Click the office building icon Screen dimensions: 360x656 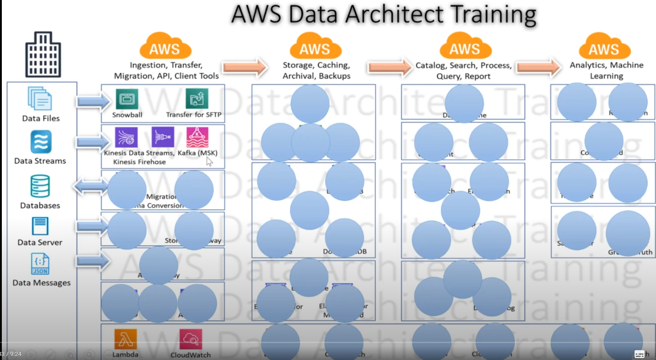[43, 54]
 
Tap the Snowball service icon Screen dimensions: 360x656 [127, 99]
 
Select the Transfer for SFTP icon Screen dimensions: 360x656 [197, 99]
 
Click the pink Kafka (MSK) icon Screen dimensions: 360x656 [197, 137]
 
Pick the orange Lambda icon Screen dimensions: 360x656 [126, 339]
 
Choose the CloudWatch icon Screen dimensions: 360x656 [190, 339]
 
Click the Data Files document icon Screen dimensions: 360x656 [40, 99]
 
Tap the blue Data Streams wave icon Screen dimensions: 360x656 [41, 142]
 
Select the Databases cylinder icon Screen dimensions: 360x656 [40, 186]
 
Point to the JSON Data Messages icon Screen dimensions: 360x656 [40, 264]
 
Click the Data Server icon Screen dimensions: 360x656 [40, 226]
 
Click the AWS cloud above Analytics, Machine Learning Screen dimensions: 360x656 [604, 46]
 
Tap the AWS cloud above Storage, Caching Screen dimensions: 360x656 [315, 46]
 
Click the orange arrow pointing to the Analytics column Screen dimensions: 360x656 [539, 68]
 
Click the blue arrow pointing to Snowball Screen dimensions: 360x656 [93, 101]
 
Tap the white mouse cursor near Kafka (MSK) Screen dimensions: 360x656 [209, 161]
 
